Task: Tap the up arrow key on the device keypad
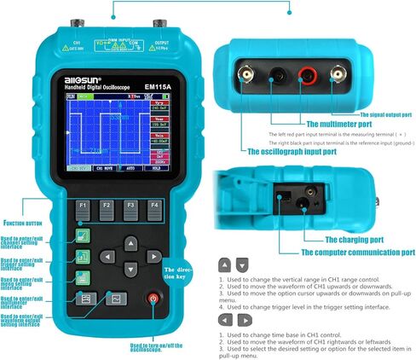(x=129, y=241)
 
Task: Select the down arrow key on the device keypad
(x=129, y=270)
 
